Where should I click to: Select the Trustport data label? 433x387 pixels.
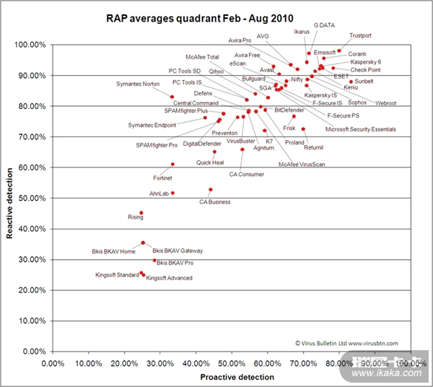[x=360, y=35]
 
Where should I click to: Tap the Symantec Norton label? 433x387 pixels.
[x=138, y=84]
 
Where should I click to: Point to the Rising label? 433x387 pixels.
[x=136, y=217]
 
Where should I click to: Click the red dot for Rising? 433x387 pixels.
[x=141, y=213]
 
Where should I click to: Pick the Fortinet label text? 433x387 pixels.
[x=162, y=178]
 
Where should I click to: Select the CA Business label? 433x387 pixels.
[x=215, y=201]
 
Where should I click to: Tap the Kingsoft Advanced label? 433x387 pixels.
[x=169, y=278]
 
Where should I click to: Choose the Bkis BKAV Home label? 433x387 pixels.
[x=113, y=251]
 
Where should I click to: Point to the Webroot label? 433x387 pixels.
[x=385, y=103]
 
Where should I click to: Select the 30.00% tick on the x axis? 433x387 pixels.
[x=160, y=362]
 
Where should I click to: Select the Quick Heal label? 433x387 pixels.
[x=210, y=162]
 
